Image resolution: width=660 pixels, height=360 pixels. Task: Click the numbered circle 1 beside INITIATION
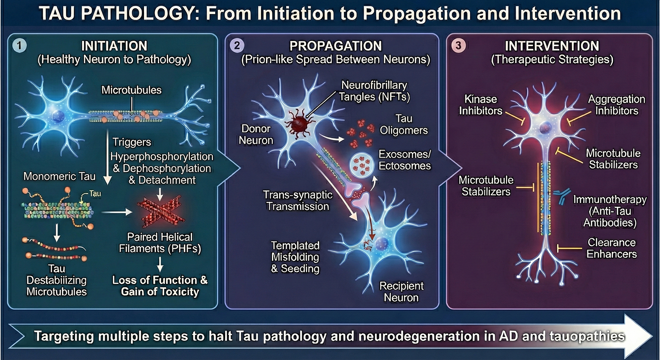[19, 46]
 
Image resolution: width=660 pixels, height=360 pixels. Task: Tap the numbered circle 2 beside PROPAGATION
[237, 46]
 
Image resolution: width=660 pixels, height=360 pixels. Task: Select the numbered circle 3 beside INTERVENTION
[458, 46]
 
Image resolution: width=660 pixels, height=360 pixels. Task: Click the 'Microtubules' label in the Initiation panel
[131, 90]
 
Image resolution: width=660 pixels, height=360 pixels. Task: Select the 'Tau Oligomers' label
[404, 125]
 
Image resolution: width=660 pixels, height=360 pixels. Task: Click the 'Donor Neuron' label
[256, 135]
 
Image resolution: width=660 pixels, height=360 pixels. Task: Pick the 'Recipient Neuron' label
[401, 292]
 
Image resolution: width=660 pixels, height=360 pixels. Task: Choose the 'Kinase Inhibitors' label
[480, 105]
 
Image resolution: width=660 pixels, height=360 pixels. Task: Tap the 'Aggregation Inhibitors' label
[616, 105]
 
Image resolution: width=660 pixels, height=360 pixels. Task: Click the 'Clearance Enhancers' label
[611, 248]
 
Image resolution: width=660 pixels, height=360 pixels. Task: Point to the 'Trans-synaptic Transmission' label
[298, 201]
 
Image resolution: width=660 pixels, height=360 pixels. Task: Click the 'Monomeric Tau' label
[59, 176]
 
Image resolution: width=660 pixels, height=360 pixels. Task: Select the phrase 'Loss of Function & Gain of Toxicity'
[160, 286]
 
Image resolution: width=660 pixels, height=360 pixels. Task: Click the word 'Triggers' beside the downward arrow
[132, 142]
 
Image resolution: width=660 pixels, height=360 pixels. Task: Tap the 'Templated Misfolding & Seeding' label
[295, 257]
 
